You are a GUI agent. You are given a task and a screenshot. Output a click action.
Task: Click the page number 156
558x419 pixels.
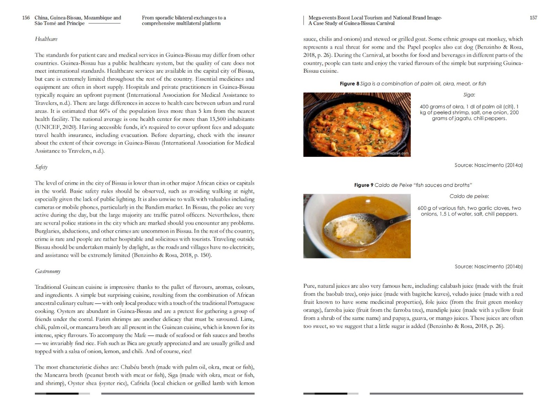(x=26, y=18)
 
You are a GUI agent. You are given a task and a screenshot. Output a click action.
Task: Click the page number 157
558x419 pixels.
(x=533, y=18)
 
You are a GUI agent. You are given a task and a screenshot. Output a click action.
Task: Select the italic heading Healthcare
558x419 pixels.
(x=46, y=39)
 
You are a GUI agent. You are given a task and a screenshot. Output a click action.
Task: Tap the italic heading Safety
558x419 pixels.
(x=41, y=167)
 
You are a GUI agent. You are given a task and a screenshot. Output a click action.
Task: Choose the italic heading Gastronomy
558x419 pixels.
(x=47, y=271)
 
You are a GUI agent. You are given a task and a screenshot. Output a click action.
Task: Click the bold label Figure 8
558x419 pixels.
(x=349, y=84)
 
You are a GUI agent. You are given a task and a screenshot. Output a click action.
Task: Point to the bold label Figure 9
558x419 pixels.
(x=363, y=185)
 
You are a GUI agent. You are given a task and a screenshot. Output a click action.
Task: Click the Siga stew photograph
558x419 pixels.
(x=357, y=124)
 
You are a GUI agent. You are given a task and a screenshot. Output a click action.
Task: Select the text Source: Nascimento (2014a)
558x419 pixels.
(x=488, y=165)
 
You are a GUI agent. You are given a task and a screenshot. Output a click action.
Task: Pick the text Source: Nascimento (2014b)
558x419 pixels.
(x=488, y=266)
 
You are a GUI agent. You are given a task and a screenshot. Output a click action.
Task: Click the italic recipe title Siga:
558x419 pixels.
(x=469, y=95)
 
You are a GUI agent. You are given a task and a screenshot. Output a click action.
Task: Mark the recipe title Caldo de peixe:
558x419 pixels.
(x=469, y=196)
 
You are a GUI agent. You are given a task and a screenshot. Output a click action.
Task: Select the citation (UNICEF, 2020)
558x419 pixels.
(x=55, y=127)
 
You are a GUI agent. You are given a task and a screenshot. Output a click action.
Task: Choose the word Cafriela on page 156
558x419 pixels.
(x=140, y=383)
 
